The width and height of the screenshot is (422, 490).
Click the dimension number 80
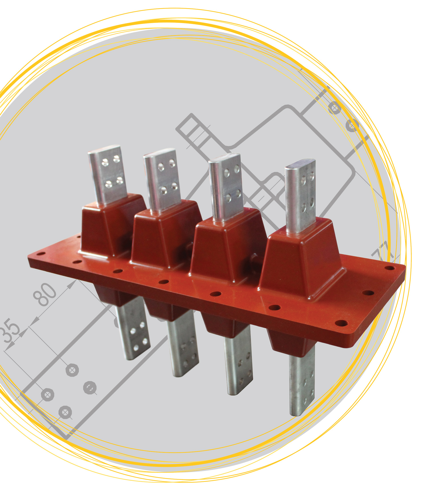point(45,294)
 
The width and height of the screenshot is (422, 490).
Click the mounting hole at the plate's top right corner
point(389,268)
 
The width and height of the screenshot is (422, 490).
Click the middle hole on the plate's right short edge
point(368,293)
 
